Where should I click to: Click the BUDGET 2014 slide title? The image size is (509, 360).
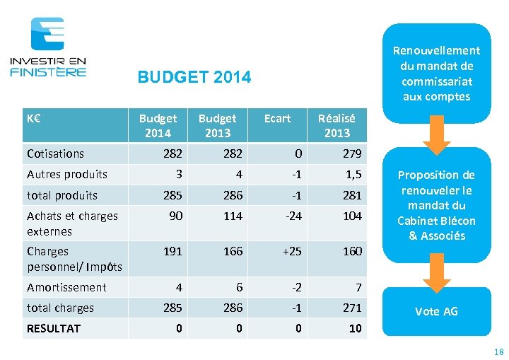(x=194, y=77)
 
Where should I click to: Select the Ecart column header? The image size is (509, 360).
(x=277, y=118)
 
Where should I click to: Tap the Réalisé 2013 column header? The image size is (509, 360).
(x=337, y=125)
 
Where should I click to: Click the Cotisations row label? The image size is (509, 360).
(x=55, y=153)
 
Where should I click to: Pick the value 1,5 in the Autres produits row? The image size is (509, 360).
(x=354, y=174)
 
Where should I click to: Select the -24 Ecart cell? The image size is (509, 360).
(x=293, y=216)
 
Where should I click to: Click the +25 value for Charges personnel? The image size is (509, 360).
(x=292, y=251)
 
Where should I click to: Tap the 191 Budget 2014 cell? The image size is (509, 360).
(x=173, y=251)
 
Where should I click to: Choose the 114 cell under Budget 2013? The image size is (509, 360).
(x=233, y=216)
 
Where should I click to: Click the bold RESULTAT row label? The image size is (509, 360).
(x=54, y=328)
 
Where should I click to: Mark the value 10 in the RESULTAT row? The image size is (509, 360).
(x=355, y=328)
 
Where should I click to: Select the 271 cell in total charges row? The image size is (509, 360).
(x=351, y=308)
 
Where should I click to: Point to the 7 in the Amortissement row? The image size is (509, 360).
(x=358, y=287)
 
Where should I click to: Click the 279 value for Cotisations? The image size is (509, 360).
(x=352, y=153)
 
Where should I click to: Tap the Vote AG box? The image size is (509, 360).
(x=436, y=311)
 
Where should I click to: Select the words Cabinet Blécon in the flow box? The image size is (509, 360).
(x=436, y=221)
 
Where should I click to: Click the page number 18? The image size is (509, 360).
(x=498, y=352)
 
